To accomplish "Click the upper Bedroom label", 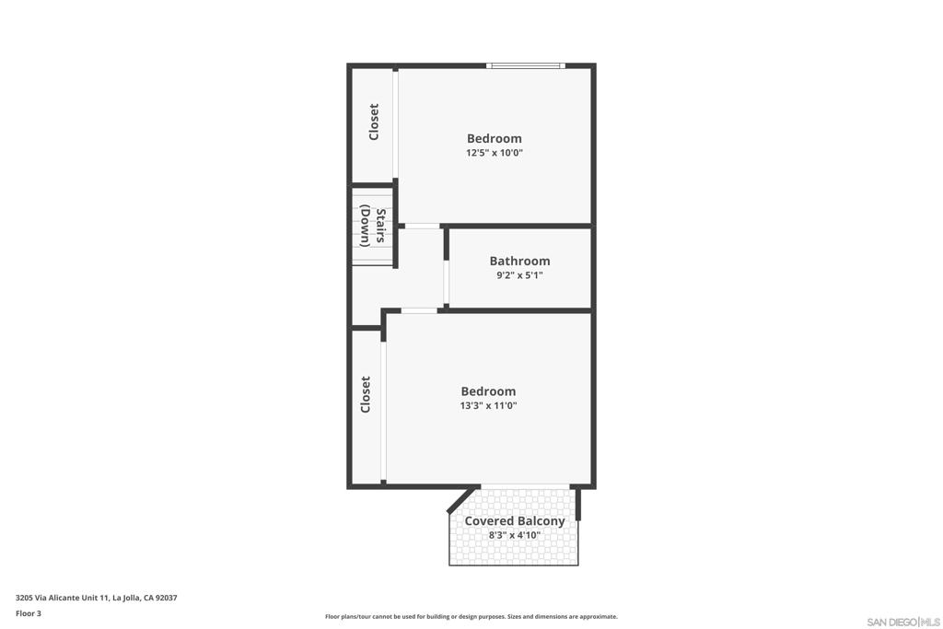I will coord(494,138).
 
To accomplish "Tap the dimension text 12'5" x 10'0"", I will coord(494,154).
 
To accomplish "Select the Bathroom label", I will coord(519,261).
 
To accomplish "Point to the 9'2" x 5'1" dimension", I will coord(519,275).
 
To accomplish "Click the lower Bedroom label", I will coord(488,390).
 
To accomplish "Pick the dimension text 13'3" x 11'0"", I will coord(488,405).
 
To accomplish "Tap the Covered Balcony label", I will coord(514,520).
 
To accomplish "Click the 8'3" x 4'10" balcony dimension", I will coord(514,535).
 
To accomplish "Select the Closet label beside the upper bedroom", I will coord(374,122).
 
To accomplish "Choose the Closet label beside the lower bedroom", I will coord(366,394).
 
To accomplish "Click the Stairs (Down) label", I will coord(372,227).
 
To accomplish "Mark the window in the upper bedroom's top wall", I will coord(525,65).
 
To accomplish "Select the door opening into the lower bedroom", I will coord(419,310).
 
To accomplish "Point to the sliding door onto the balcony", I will coord(525,486).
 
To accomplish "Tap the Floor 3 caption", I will coord(29,613).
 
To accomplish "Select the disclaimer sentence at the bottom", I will coord(471,617).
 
